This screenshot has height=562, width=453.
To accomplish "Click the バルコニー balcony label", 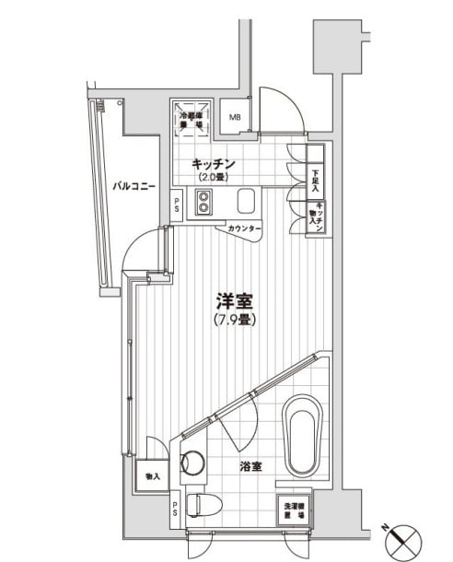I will (x=134, y=185).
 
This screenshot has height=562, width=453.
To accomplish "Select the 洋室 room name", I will (x=235, y=301).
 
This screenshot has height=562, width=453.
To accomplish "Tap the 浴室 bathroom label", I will (x=251, y=466).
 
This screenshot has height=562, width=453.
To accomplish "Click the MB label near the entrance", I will (x=235, y=117).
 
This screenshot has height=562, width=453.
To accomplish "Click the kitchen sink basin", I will (x=246, y=202).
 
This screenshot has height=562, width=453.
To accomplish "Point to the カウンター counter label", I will (x=243, y=228).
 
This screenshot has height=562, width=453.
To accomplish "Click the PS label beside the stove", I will (x=178, y=207).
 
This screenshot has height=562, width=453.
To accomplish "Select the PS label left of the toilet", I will (x=175, y=508).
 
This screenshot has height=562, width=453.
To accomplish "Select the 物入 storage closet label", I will (x=152, y=477).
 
